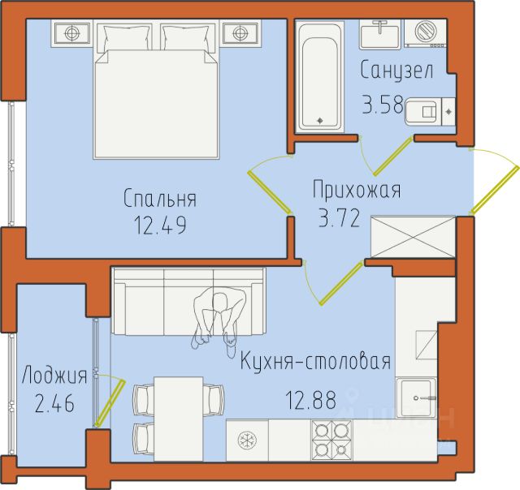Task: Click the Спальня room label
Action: pos(160,199)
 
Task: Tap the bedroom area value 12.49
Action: pos(160,225)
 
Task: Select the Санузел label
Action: pos(397,70)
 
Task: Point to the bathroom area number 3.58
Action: pos(383,105)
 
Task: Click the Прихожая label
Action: pos(357,190)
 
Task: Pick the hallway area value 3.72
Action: pos(340,219)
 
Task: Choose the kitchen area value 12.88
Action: pos(310,399)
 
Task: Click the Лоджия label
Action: pos(54,376)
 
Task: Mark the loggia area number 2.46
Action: pos(54,404)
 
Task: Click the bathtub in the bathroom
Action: pos(319,77)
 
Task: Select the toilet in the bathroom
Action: pos(430,112)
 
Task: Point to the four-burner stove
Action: pos(331,441)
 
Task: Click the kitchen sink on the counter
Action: pos(416,398)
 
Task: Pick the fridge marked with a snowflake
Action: pos(247,441)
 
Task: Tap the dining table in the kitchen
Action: pos(179,419)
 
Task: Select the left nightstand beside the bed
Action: pos(72,33)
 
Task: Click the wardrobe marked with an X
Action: pos(414,236)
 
